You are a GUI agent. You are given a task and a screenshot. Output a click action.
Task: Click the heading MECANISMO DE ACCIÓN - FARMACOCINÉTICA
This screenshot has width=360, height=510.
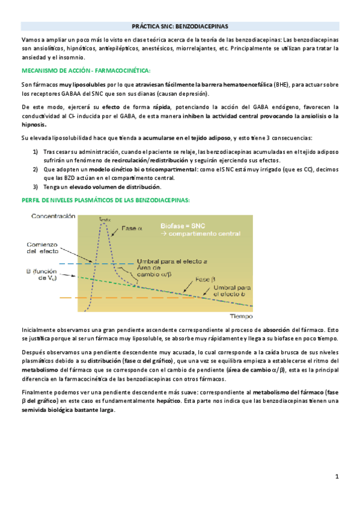click(x=85, y=70)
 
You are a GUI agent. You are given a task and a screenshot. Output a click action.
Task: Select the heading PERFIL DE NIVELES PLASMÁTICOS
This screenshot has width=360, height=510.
click(x=105, y=199)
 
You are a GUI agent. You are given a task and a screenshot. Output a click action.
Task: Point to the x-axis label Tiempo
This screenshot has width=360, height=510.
click(x=241, y=315)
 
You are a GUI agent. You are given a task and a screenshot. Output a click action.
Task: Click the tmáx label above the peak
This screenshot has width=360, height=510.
click(x=105, y=220)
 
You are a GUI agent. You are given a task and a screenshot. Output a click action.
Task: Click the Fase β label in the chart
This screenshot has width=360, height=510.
click(x=205, y=279)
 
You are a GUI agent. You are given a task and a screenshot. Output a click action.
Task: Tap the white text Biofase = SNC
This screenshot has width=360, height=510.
click(x=183, y=226)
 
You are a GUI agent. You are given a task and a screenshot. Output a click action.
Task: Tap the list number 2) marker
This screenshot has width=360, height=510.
click(x=35, y=170)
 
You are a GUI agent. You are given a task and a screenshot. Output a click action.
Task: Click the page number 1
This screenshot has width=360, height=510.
click(x=337, y=477)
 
